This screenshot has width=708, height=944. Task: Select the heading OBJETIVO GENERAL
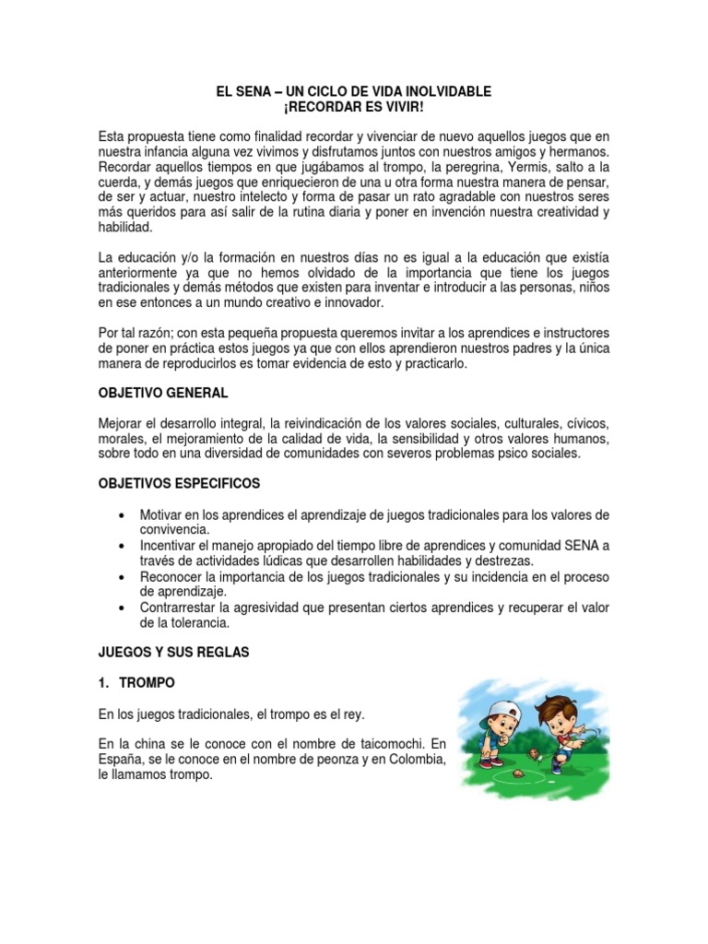coord(163,393)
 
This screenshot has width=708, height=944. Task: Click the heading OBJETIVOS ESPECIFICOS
coord(179,483)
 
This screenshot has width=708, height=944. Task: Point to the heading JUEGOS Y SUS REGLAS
coord(173,652)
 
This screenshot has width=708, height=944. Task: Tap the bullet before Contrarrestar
coord(124,608)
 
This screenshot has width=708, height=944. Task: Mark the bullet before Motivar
coord(124,514)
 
